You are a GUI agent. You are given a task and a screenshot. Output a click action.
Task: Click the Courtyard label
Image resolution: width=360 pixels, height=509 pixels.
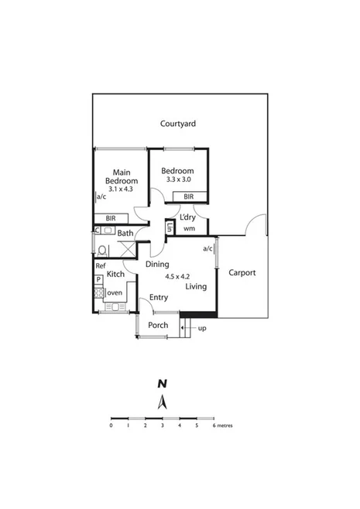pyautogui.click(x=177, y=124)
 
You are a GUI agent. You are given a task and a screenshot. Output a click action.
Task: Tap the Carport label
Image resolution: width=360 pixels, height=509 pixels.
pyautogui.click(x=242, y=273)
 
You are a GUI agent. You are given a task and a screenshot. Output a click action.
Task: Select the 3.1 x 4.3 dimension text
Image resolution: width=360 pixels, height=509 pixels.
pyautogui.click(x=121, y=189)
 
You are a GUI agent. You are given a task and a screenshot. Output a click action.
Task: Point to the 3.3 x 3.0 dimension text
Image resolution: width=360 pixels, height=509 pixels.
pyautogui.click(x=178, y=179)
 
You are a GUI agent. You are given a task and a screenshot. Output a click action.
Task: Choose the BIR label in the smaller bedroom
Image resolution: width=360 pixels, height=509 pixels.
pyautogui.click(x=189, y=198)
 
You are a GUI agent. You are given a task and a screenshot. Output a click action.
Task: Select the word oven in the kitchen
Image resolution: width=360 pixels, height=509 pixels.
pyautogui.click(x=114, y=292)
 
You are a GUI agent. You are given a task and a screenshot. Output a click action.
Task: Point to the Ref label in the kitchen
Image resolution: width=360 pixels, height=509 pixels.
pyautogui.click(x=100, y=266)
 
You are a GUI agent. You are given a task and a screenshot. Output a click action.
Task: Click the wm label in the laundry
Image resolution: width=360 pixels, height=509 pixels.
pyautogui.click(x=188, y=228)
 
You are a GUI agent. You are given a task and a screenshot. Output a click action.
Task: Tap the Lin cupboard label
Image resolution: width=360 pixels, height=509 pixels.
pyautogui.click(x=169, y=227)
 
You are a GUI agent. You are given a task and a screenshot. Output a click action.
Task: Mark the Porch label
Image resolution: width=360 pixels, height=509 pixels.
pyautogui.click(x=158, y=325)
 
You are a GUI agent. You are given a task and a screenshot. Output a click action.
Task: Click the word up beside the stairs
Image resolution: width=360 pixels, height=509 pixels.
pyautogui.click(x=203, y=329)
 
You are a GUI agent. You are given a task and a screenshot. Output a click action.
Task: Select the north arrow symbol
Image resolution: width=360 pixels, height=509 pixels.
pyautogui.click(x=162, y=401)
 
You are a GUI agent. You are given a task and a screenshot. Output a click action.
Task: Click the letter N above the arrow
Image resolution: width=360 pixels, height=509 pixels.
pyautogui.click(x=162, y=383)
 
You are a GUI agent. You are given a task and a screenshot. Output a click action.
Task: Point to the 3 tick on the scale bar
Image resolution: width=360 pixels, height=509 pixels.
pyautogui.click(x=162, y=425)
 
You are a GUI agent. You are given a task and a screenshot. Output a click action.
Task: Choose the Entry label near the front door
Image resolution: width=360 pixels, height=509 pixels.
pyautogui.click(x=159, y=297)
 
